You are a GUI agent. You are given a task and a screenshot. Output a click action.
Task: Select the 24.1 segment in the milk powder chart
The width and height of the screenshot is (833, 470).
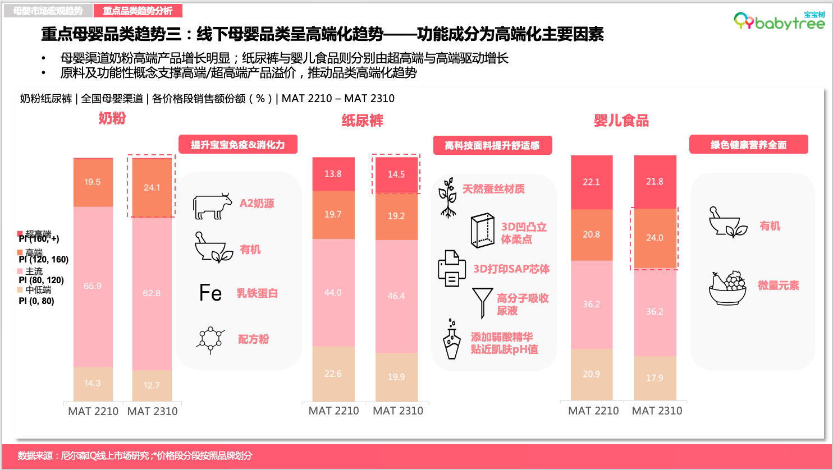click(x=152, y=187)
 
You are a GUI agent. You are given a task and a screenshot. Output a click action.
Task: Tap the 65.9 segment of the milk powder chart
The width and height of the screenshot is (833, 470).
click(x=93, y=286)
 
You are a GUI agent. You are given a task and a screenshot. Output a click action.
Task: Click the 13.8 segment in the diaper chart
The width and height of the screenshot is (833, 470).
click(x=333, y=174)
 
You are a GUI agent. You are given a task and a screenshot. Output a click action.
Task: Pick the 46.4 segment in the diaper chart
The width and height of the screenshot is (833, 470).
click(x=396, y=296)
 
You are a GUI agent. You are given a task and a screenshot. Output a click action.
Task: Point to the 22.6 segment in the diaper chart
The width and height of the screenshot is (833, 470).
click(x=333, y=374)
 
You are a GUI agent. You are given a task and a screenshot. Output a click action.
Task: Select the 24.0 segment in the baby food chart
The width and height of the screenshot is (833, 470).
click(x=654, y=238)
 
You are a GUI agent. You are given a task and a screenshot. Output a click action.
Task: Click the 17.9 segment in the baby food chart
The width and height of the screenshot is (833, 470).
click(x=654, y=378)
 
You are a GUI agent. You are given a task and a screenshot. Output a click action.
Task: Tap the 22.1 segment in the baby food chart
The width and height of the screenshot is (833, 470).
click(x=591, y=182)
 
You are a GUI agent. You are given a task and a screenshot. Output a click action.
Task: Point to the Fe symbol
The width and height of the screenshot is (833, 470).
click(x=210, y=293)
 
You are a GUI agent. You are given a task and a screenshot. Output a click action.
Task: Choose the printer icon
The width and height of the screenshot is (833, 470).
click(x=451, y=269)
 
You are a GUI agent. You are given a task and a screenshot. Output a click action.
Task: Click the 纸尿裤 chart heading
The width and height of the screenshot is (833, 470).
click(x=362, y=121)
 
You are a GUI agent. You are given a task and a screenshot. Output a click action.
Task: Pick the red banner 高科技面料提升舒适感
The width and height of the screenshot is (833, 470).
click(x=492, y=145)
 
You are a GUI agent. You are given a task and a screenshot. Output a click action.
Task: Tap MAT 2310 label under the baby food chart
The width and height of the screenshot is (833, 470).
click(x=657, y=411)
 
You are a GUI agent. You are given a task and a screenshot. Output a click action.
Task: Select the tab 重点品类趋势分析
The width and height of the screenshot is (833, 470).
click(x=138, y=11)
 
